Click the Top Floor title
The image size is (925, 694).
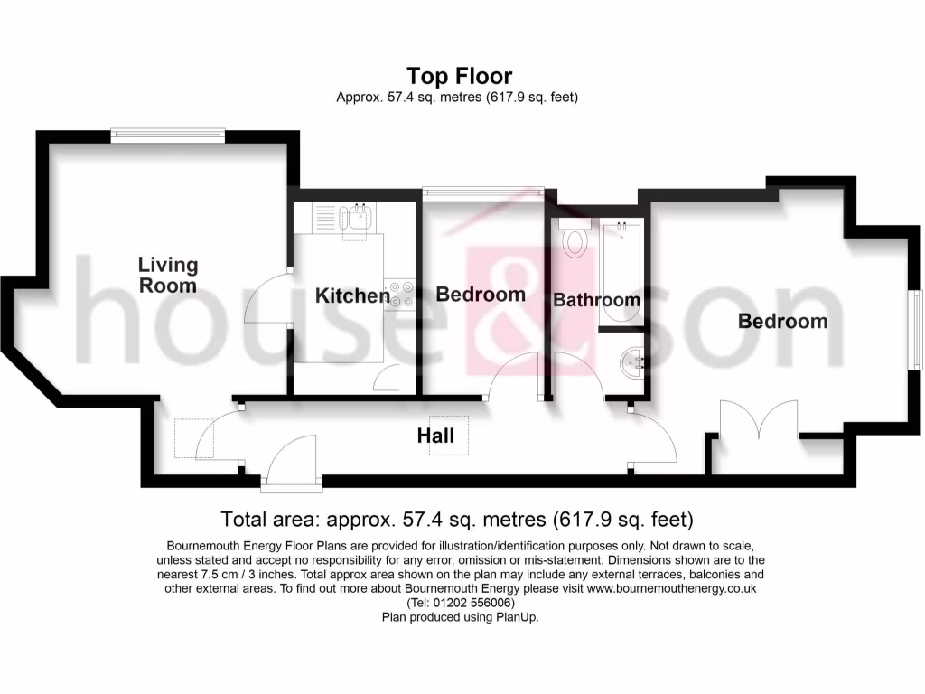459,76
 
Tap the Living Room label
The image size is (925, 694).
168,275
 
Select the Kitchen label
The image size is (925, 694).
352,295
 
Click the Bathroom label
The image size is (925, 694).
596,299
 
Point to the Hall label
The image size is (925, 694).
435,436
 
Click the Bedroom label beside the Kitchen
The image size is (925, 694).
481,295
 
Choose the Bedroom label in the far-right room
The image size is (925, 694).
782,321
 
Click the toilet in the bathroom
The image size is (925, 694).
574,239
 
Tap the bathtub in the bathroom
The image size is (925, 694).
621,272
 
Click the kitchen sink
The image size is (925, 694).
359,217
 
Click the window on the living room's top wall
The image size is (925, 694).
167,136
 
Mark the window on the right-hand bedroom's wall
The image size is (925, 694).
914,329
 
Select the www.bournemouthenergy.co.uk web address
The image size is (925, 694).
671,588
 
